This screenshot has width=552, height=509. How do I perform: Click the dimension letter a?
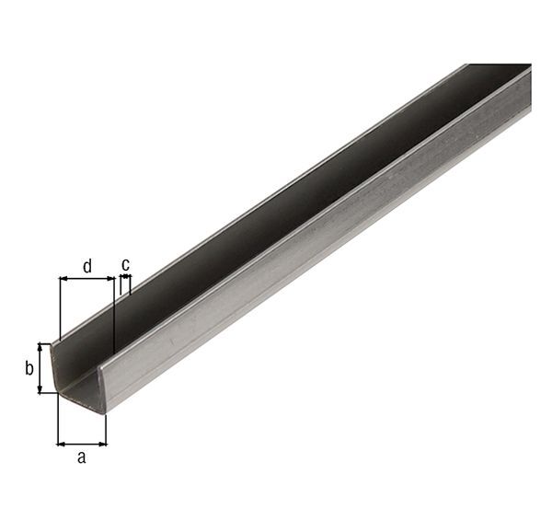point(81,457)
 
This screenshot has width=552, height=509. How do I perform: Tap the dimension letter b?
point(29,369)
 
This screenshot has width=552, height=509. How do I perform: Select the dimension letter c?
point(125,264)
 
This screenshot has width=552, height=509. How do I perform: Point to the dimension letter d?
point(87,266)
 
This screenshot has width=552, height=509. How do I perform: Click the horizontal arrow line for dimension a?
point(82,443)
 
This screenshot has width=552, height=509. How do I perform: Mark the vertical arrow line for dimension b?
point(40,368)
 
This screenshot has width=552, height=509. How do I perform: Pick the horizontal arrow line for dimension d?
point(86,279)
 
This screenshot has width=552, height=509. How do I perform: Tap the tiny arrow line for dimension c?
point(125,277)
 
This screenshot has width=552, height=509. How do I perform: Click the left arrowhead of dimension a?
point(61,443)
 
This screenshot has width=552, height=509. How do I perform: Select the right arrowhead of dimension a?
point(102,443)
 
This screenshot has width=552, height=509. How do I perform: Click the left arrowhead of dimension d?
point(63,279)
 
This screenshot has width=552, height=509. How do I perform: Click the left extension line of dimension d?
point(59,308)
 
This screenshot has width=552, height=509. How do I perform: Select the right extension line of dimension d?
point(113,313)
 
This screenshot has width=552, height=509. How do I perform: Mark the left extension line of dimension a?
point(57,419)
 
